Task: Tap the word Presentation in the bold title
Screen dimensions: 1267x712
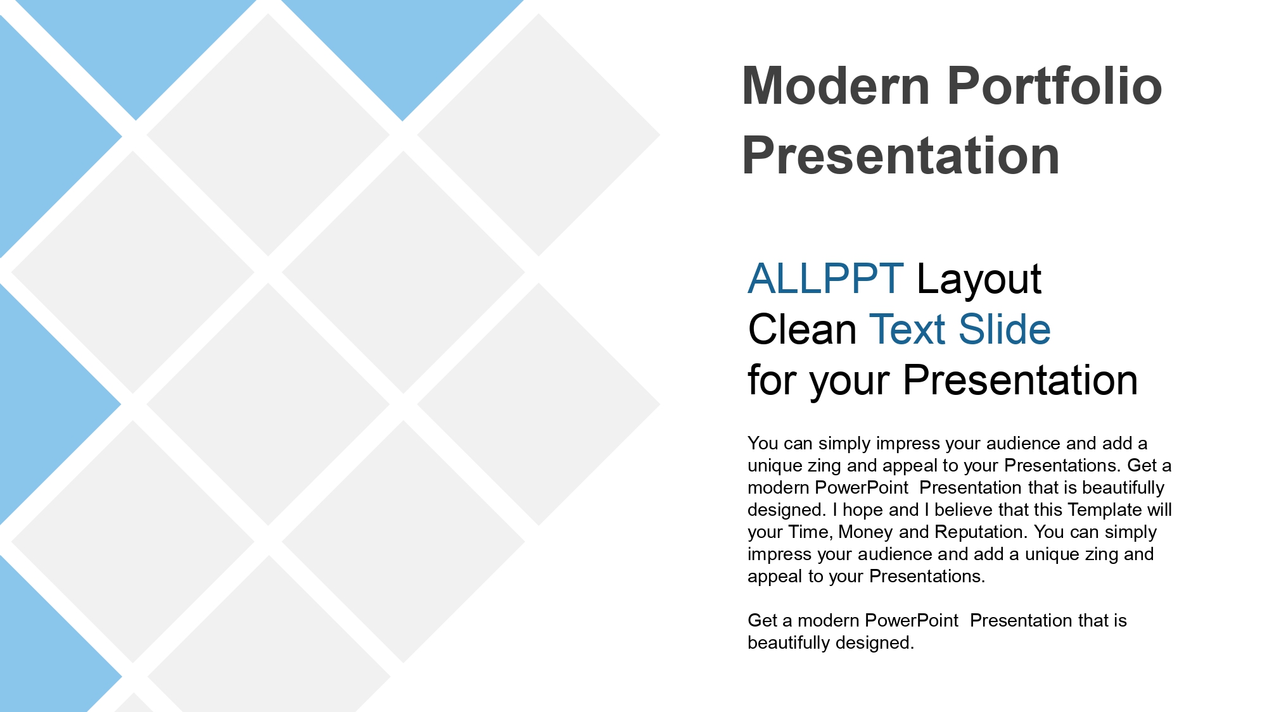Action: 901,156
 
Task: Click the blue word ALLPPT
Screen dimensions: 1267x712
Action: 825,278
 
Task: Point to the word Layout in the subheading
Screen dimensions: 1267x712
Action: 979,280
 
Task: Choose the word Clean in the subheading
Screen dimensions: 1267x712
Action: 803,329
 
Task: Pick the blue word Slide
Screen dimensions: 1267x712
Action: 1005,329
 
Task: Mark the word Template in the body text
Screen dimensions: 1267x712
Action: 1104,510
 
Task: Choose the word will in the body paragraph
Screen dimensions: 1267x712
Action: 1159,509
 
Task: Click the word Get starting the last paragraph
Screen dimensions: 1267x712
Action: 762,620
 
